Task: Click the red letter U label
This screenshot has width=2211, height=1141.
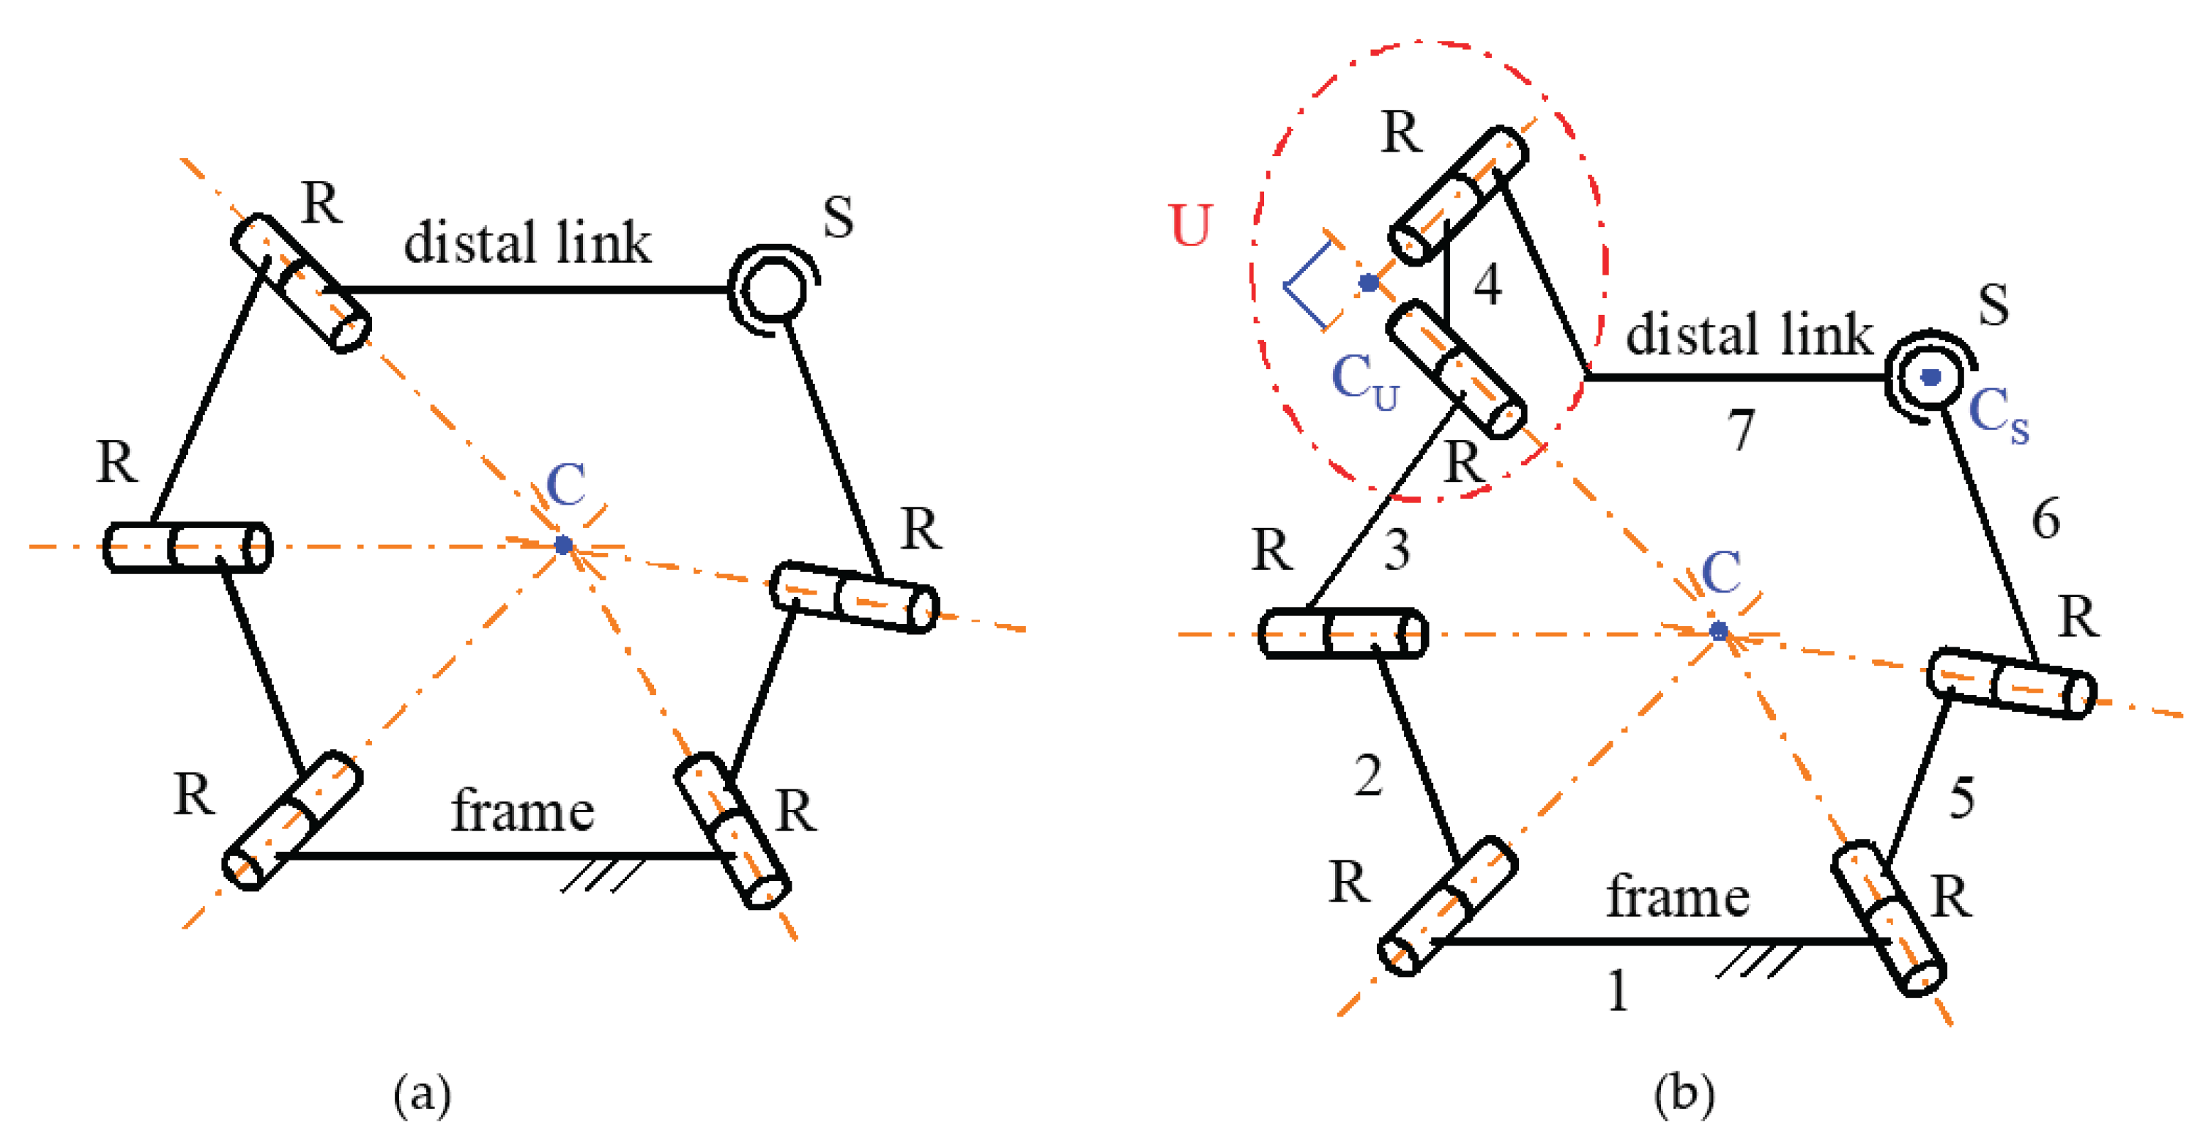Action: coord(1191,225)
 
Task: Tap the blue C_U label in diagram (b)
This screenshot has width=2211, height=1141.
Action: coord(1364,382)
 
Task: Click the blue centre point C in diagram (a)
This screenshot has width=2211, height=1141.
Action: coord(563,544)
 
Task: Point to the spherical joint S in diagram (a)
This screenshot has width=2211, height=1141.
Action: coord(774,288)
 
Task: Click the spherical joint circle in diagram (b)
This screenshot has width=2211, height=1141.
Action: coord(1931,377)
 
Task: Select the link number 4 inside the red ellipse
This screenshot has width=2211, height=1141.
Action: coord(1487,284)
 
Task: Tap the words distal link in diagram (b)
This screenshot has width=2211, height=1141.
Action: coord(1748,335)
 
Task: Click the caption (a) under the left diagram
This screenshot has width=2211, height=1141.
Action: coord(421,1095)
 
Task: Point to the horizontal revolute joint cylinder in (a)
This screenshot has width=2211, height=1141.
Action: coord(187,547)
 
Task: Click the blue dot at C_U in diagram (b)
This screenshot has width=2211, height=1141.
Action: coord(1368,282)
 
